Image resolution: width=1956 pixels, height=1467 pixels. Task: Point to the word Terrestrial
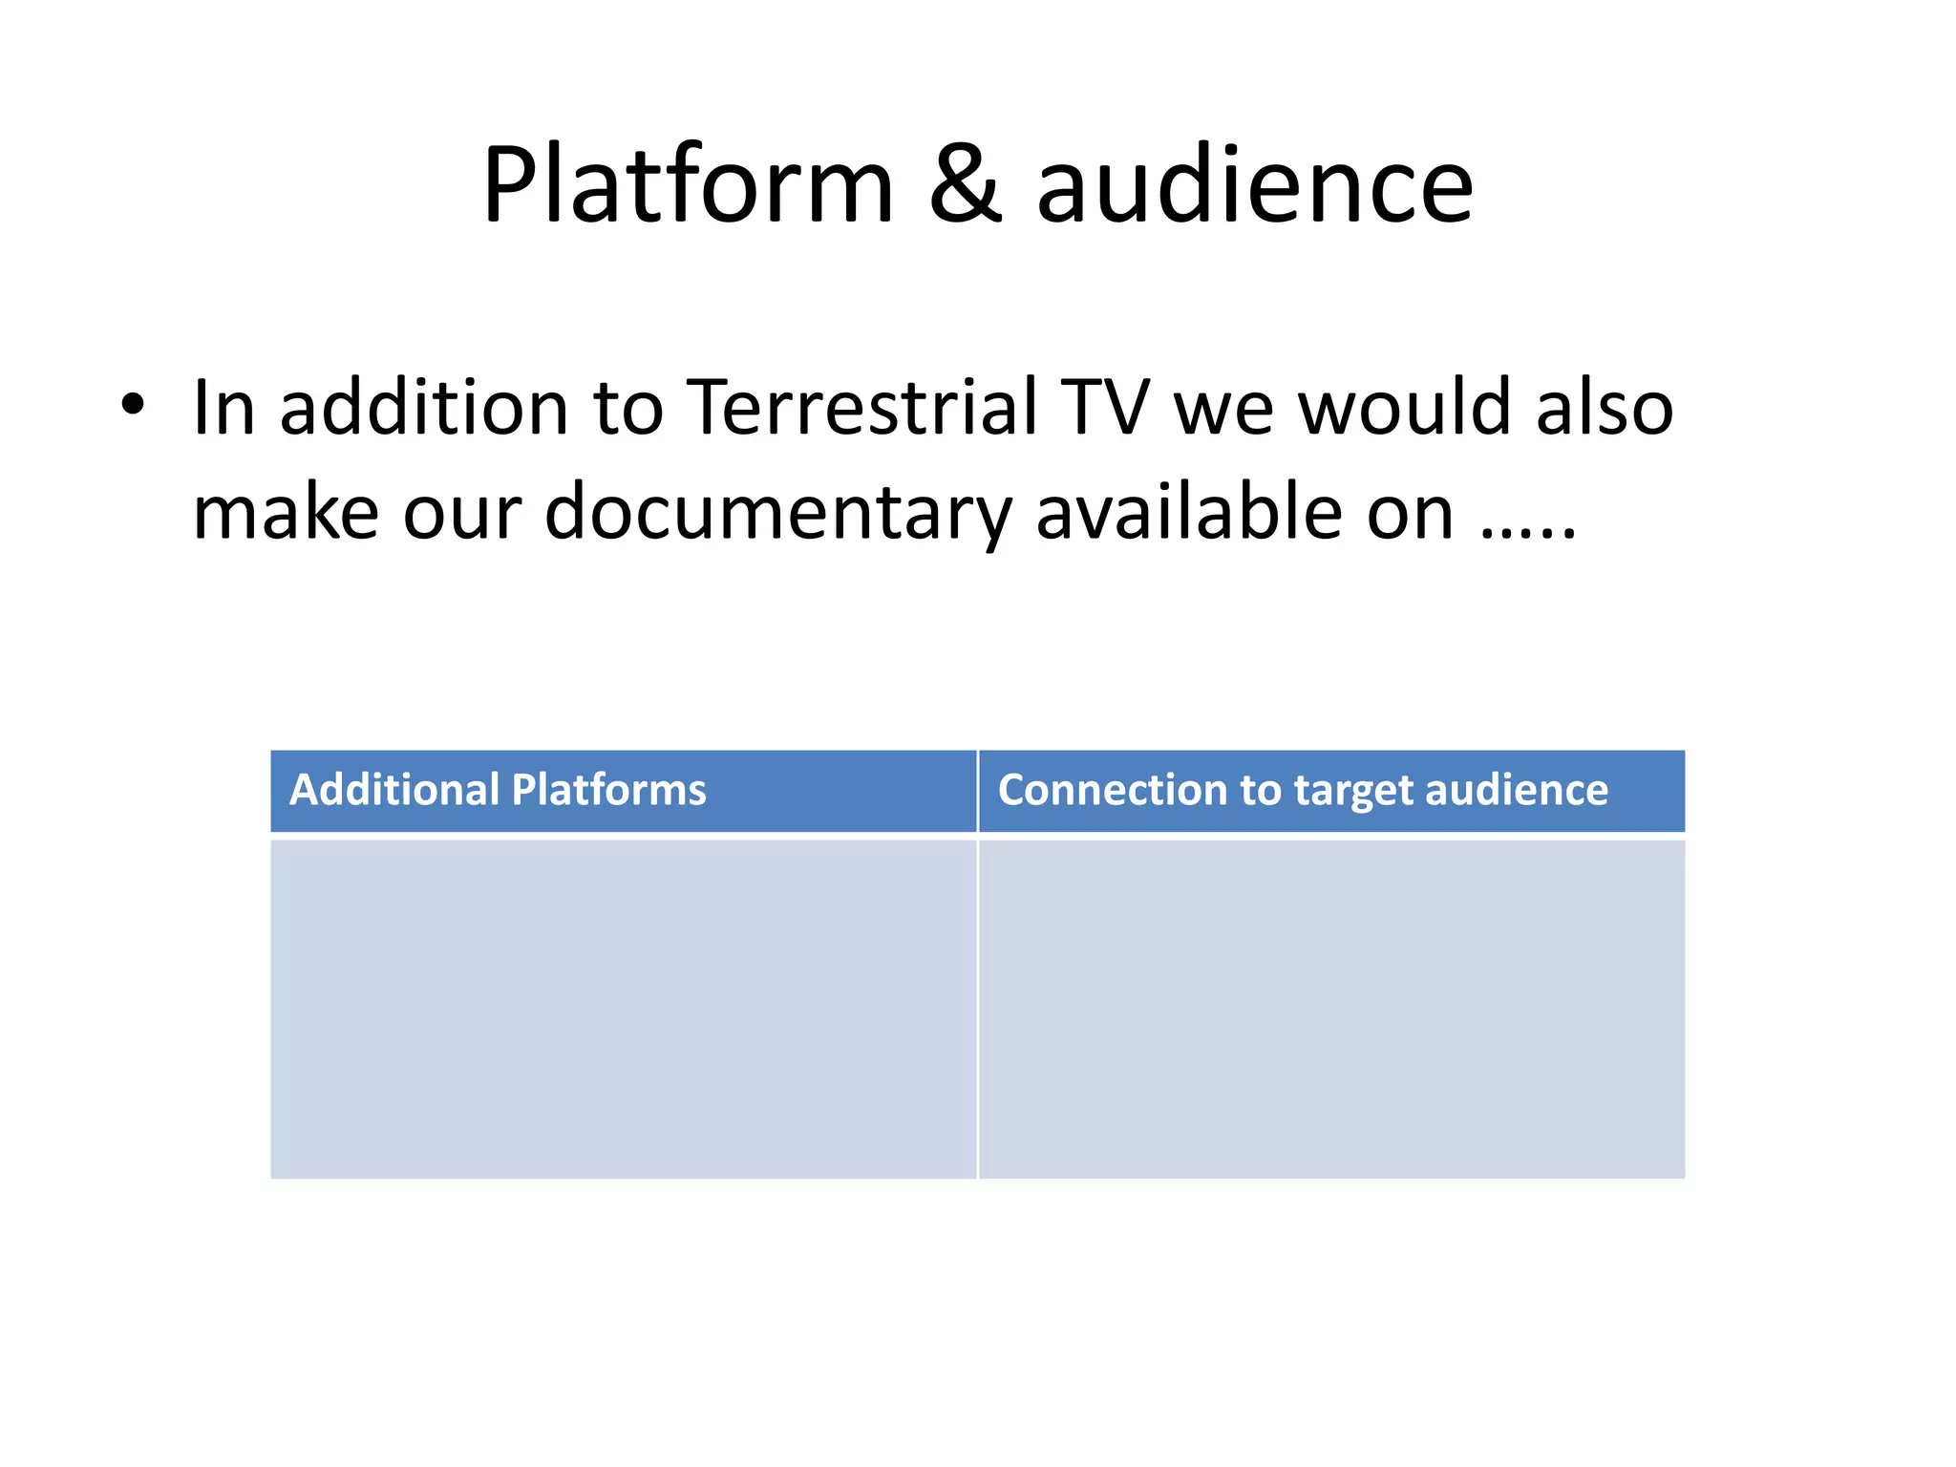[x=862, y=408]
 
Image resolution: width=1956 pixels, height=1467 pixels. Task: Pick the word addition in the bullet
[x=423, y=408]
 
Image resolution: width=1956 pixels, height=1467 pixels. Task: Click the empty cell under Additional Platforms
[x=623, y=1008]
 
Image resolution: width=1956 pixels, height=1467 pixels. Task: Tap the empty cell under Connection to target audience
[x=1331, y=1008]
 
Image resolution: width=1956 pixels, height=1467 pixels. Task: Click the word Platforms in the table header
[x=608, y=791]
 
